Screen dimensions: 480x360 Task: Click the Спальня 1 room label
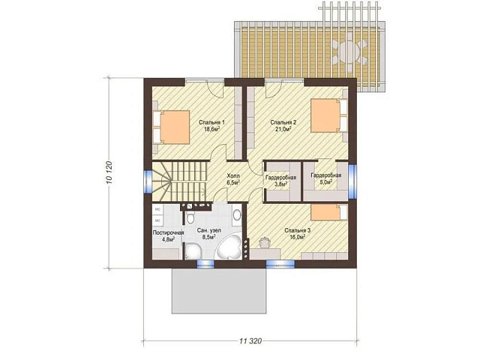(x=211, y=122)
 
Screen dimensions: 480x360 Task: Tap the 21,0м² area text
(x=283, y=129)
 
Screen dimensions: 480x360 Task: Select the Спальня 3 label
(x=297, y=230)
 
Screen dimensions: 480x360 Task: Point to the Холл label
(x=233, y=175)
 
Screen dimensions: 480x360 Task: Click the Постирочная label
(x=168, y=232)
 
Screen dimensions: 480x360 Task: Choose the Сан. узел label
(x=209, y=230)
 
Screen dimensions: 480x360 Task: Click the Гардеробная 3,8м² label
(x=280, y=181)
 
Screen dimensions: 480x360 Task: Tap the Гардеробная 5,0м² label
(x=325, y=178)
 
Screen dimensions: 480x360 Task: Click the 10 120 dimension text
(x=110, y=173)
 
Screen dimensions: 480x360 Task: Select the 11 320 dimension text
(x=250, y=340)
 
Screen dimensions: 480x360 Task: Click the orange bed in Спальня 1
(x=175, y=127)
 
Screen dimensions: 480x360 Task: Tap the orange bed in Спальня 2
(x=325, y=115)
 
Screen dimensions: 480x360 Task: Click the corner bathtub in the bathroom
(x=228, y=246)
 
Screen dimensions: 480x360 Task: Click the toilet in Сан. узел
(x=190, y=218)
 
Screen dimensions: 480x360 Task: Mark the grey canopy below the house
(x=218, y=291)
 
